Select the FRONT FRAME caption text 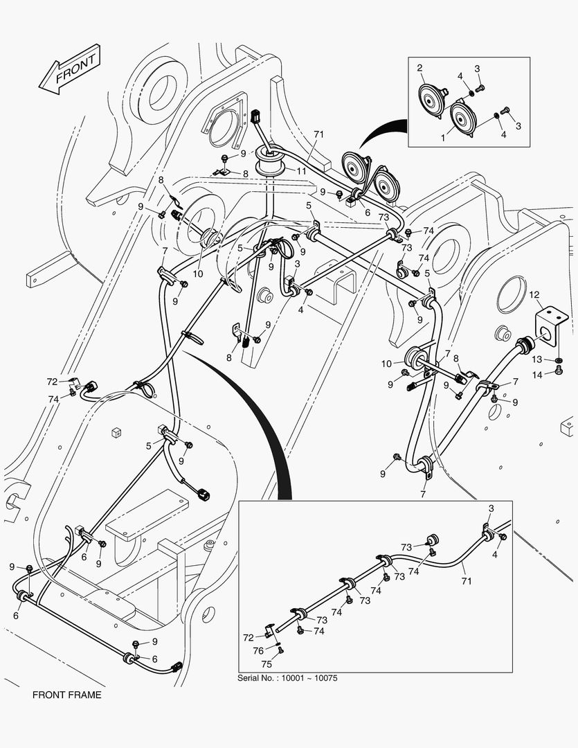[x=66, y=695]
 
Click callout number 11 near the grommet [x=302, y=170]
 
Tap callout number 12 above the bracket [x=534, y=296]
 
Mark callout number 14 [x=537, y=375]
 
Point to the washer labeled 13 [x=558, y=359]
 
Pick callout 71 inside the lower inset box [x=467, y=581]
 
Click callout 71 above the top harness [x=318, y=134]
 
